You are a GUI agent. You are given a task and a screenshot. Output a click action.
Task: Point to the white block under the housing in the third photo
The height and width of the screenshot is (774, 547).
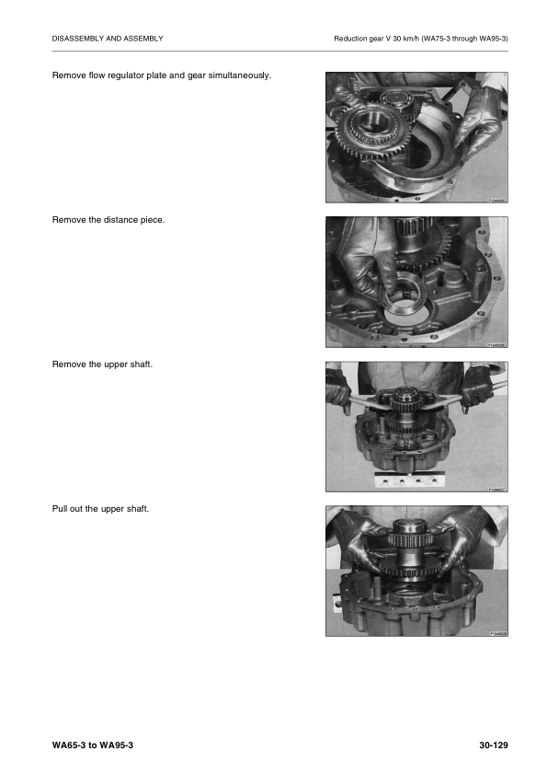[x=409, y=479]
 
